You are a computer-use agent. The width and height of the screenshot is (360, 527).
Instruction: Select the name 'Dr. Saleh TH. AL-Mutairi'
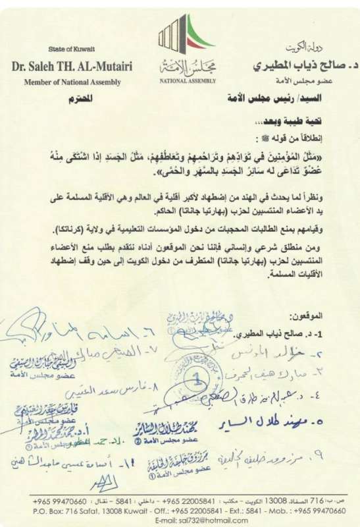(72, 67)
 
